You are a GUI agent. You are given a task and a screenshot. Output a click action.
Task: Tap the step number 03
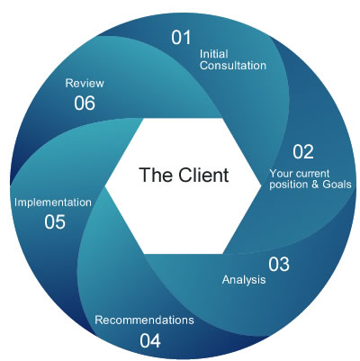tap(279, 264)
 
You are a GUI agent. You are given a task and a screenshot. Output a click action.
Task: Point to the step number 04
tap(150, 340)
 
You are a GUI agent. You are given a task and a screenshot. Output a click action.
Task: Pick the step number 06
tap(85, 103)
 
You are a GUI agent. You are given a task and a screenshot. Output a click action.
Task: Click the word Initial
tap(212, 52)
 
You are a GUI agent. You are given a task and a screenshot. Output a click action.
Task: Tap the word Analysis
tap(244, 280)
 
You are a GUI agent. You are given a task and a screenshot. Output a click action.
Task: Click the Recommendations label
tap(144, 320)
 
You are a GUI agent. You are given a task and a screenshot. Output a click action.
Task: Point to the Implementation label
tap(53, 203)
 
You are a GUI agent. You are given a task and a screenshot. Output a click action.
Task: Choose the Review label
tap(84, 83)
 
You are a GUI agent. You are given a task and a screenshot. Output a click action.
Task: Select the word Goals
tap(335, 185)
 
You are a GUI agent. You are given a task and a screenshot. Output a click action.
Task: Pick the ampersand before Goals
tap(314, 185)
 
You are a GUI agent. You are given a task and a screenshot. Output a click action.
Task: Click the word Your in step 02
tap(282, 173)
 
